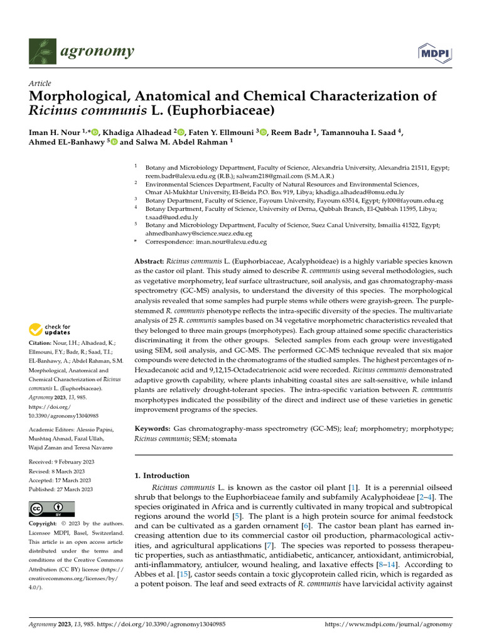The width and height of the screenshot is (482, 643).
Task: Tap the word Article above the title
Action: tap(40, 84)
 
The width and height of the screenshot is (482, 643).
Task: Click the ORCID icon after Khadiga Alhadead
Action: tap(181, 132)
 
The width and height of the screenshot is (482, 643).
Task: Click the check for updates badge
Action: tap(50, 329)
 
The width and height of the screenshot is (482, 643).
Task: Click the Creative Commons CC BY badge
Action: tap(51, 508)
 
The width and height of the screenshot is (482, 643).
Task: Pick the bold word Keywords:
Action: tap(152, 428)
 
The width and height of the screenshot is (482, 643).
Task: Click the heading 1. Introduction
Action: tap(162, 475)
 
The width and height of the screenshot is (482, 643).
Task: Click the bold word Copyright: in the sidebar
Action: tap(46, 523)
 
